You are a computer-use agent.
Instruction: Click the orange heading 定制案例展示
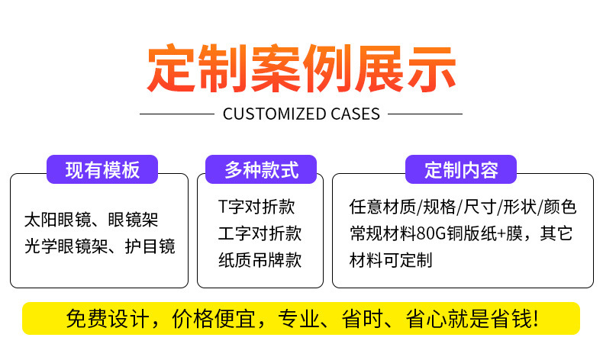pos(301,69)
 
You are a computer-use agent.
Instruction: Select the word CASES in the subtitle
pos(353,114)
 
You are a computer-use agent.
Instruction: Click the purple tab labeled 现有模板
pos(102,169)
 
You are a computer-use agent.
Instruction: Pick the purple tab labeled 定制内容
pos(460,169)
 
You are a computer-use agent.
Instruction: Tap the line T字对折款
pos(256,207)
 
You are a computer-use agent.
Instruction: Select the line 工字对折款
pos(260,233)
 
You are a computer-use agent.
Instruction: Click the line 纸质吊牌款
pos(260,259)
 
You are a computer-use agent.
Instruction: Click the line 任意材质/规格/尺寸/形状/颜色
pos(463,207)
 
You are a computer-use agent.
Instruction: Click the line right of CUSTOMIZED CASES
pos(425,114)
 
